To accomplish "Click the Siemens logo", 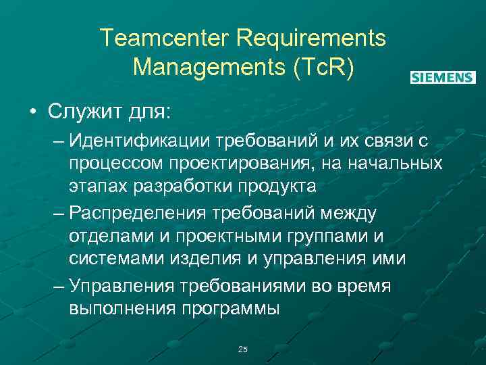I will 443,78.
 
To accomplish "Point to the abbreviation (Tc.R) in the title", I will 321,68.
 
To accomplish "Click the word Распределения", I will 139,214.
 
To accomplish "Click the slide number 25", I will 243,349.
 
